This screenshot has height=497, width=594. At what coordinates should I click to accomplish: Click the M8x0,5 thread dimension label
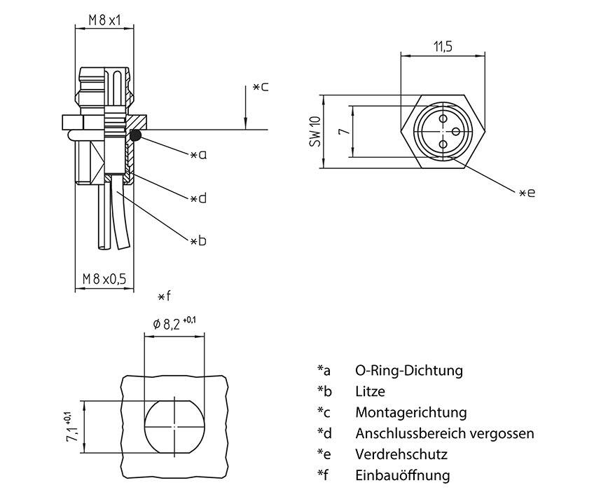(x=104, y=279)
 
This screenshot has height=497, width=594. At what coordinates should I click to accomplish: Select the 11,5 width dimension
(x=442, y=47)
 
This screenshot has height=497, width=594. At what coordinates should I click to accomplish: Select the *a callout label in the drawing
(x=198, y=155)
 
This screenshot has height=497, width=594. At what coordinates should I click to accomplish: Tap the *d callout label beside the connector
(x=198, y=198)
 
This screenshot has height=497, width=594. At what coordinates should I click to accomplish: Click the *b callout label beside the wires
(x=198, y=241)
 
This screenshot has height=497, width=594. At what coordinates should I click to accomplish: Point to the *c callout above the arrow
(x=261, y=87)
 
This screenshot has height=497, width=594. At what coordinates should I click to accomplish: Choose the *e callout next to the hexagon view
(x=527, y=192)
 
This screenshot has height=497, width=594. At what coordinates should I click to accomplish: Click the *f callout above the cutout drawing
(x=164, y=297)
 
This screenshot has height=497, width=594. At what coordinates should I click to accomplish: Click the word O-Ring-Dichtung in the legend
(x=408, y=370)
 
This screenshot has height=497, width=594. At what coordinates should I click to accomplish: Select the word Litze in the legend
(x=370, y=391)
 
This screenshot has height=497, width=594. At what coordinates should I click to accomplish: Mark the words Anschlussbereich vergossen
(x=444, y=433)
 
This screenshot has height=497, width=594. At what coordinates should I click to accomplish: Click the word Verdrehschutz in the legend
(x=401, y=454)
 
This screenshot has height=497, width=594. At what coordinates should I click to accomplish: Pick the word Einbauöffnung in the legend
(x=402, y=475)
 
